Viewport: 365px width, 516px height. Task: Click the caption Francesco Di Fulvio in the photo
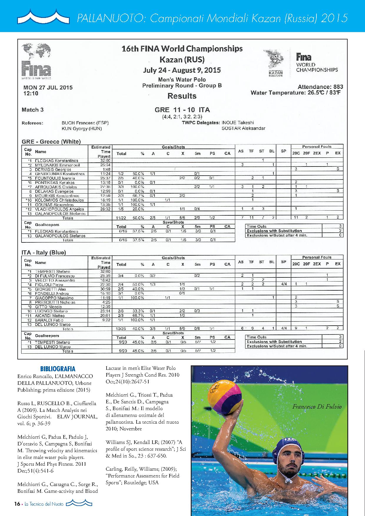coord(317,407)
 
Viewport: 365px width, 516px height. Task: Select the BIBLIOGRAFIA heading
coord(58,369)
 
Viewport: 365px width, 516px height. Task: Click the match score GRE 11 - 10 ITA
coord(182,110)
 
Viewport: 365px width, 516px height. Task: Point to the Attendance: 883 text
coord(320,87)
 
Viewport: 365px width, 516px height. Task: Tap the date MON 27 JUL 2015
coord(48,87)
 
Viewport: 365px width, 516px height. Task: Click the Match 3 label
coord(33,110)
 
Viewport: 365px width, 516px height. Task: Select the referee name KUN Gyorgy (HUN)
coord(82,129)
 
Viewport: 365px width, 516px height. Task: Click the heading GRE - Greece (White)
coord(51,142)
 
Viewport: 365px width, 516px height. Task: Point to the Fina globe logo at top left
coord(36,61)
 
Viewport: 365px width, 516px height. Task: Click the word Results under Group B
coord(182,96)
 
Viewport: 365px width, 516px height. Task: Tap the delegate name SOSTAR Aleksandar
coord(243,128)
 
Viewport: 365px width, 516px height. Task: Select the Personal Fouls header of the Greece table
coord(317,147)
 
